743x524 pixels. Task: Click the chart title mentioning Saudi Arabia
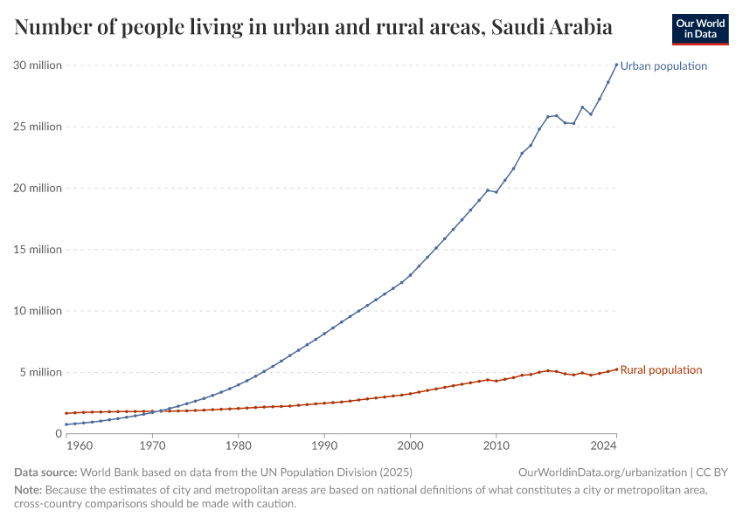[313, 28]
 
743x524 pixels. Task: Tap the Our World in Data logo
[699, 29]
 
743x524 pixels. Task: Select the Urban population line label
[663, 66]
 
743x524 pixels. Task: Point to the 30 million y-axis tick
[38, 65]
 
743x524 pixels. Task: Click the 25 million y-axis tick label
[38, 127]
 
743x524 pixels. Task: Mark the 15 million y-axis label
[38, 250]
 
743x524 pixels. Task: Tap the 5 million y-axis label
[40, 372]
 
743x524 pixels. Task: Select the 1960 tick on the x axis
[79, 446]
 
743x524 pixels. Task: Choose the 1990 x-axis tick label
[324, 446]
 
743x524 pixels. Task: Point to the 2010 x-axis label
[496, 446]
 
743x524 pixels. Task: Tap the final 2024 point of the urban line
[616, 64]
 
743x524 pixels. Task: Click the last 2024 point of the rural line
[616, 369]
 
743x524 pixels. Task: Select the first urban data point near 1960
[66, 424]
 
